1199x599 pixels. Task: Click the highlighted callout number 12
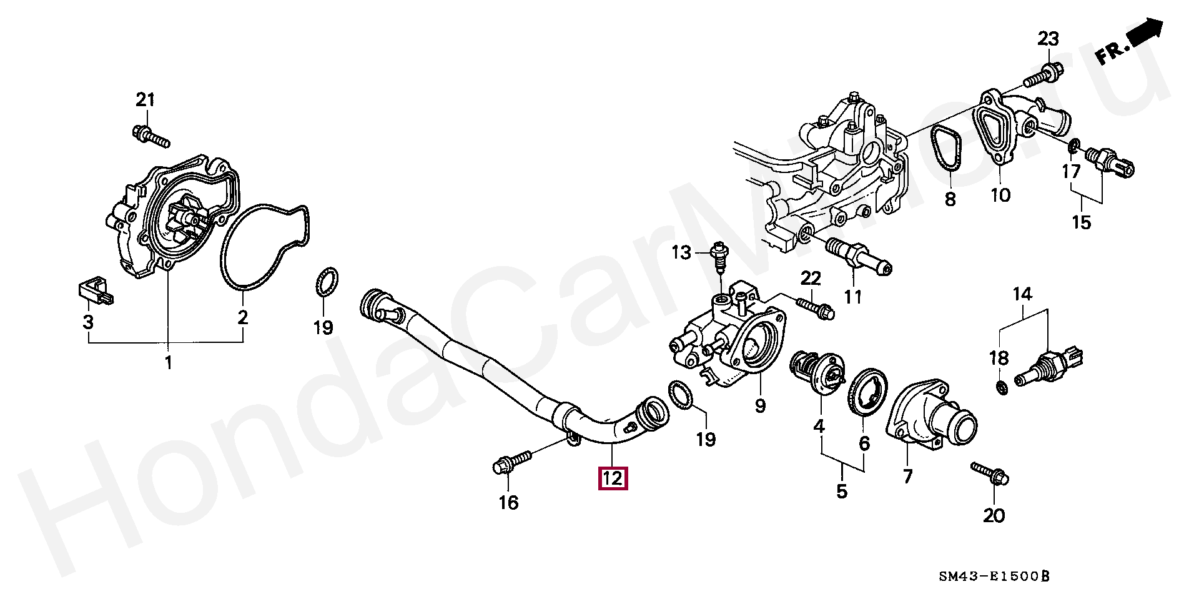(613, 478)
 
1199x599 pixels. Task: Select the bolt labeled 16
(511, 462)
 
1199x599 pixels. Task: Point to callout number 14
(1022, 294)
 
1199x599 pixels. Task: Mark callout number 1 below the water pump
(167, 362)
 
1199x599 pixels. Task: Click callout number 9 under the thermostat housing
(760, 406)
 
